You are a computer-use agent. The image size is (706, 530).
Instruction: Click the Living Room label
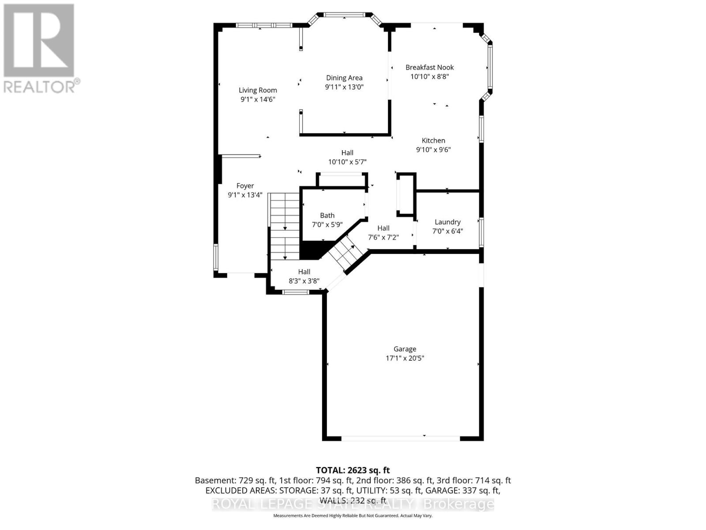(258, 90)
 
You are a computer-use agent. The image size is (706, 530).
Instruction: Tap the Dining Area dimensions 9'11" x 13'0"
(344, 87)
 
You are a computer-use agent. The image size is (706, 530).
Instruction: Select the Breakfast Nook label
(429, 68)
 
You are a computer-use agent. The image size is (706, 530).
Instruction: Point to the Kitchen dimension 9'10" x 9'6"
(433, 150)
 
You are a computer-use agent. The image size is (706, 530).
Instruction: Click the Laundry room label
(447, 222)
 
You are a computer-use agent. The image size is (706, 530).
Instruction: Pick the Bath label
(327, 216)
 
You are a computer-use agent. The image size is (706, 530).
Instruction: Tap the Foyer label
(245, 186)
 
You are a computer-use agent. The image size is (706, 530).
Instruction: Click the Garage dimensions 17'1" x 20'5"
(405, 358)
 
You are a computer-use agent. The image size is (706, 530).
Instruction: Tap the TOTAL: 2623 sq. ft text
(353, 470)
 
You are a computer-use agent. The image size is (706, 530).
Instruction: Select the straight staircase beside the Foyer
(285, 226)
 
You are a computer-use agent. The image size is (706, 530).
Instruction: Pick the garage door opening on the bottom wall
(401, 438)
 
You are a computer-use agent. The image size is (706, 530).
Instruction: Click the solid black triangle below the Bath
(311, 251)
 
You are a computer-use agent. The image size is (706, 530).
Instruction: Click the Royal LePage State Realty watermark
(353, 504)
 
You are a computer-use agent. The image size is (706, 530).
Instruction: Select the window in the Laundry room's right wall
(481, 232)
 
